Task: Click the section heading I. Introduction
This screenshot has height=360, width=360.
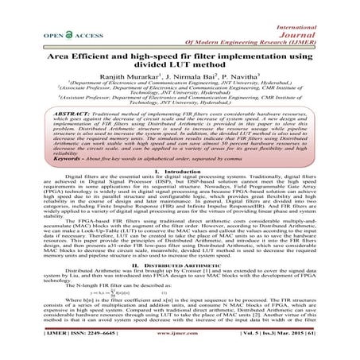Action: (180, 194)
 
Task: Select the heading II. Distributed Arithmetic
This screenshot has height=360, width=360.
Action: (180, 288)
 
